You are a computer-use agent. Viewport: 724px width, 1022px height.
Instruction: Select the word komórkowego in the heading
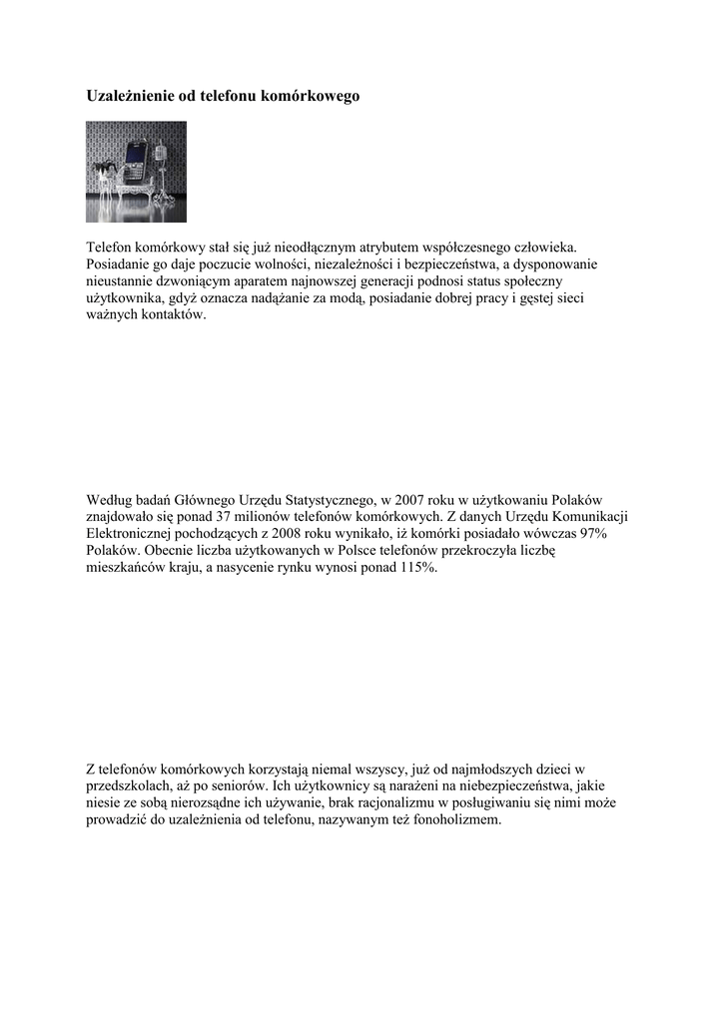(310, 97)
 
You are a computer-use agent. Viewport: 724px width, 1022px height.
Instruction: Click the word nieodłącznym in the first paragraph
(311, 247)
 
